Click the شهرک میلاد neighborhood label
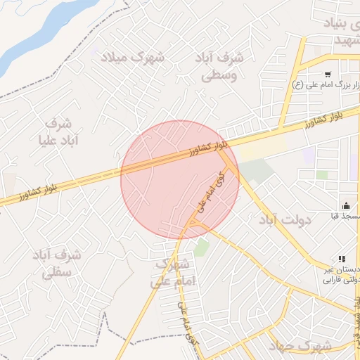pos(132,57)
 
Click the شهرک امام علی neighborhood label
pos(171,274)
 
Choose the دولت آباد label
pos(285,221)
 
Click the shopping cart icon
pos(328,74)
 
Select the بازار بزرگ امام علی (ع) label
pos(328,85)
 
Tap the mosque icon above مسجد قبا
pos(346,205)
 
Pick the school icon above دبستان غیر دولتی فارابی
pos(342,259)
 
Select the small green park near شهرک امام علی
pos(202,247)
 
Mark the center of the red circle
pos(180,180)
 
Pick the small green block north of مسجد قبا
pos(322,174)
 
